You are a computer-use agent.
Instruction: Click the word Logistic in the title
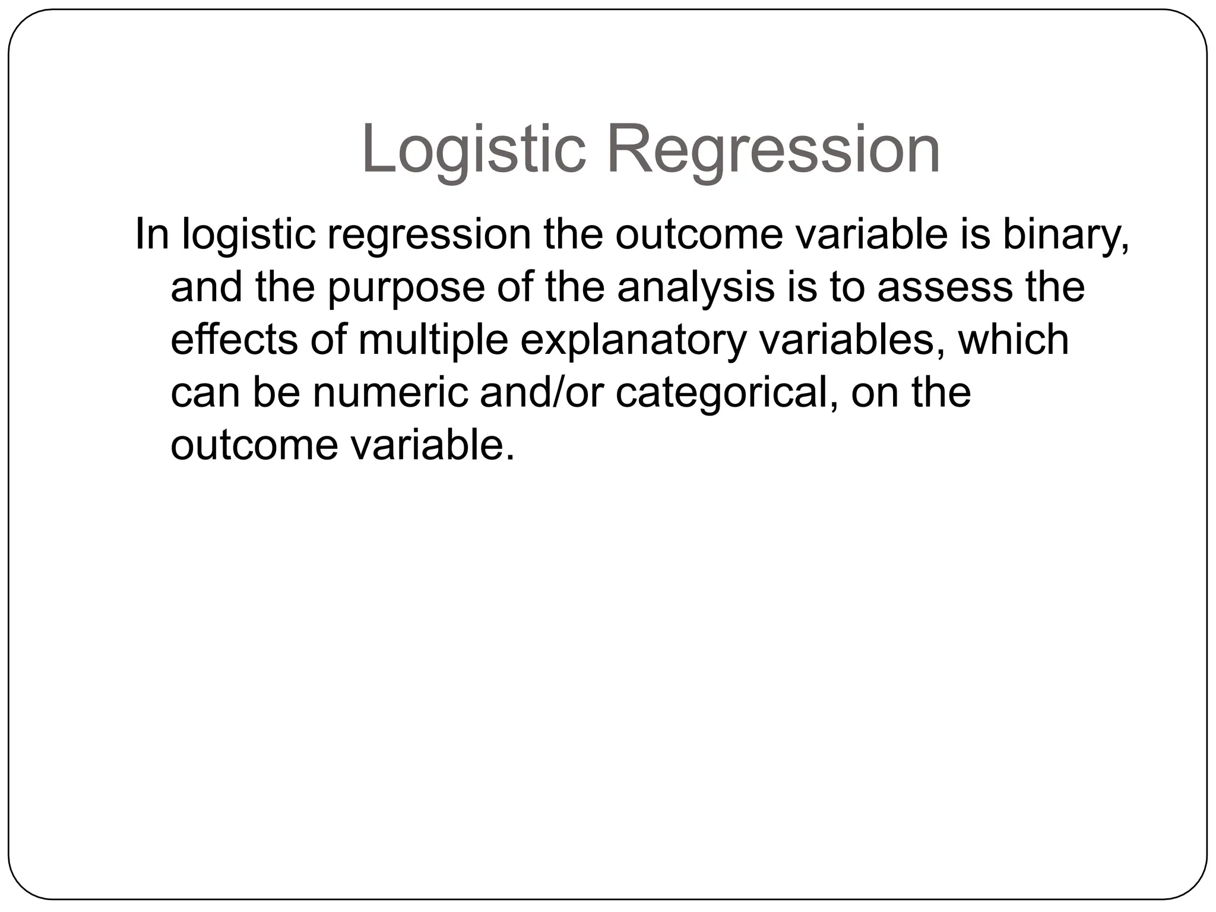[473, 149]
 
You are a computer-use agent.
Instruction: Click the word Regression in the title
[772, 149]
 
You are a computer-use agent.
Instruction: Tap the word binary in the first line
[1065, 235]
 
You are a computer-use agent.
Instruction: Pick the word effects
[234, 340]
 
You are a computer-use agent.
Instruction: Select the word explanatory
[633, 340]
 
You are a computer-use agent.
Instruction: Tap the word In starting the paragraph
[152, 235]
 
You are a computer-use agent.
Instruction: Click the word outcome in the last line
[254, 445]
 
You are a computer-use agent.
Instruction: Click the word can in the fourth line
[206, 392]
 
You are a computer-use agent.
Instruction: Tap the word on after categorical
[875, 392]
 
